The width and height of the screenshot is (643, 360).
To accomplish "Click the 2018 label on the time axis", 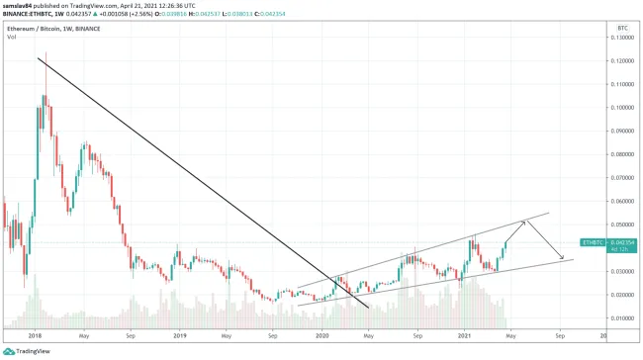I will [36, 336].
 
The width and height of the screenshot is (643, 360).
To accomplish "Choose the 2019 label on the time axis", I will [180, 336].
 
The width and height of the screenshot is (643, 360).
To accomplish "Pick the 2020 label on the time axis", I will [322, 336].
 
